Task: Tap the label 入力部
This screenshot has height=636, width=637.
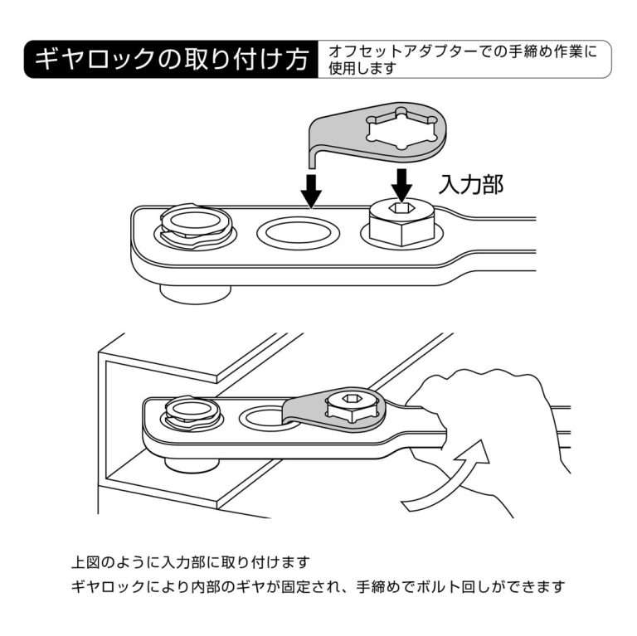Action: [x=470, y=184]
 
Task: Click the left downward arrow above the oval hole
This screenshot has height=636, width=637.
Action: [x=311, y=189]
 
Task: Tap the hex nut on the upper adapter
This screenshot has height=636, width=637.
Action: [x=401, y=222]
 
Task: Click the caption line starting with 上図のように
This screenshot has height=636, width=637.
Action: [x=191, y=561]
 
